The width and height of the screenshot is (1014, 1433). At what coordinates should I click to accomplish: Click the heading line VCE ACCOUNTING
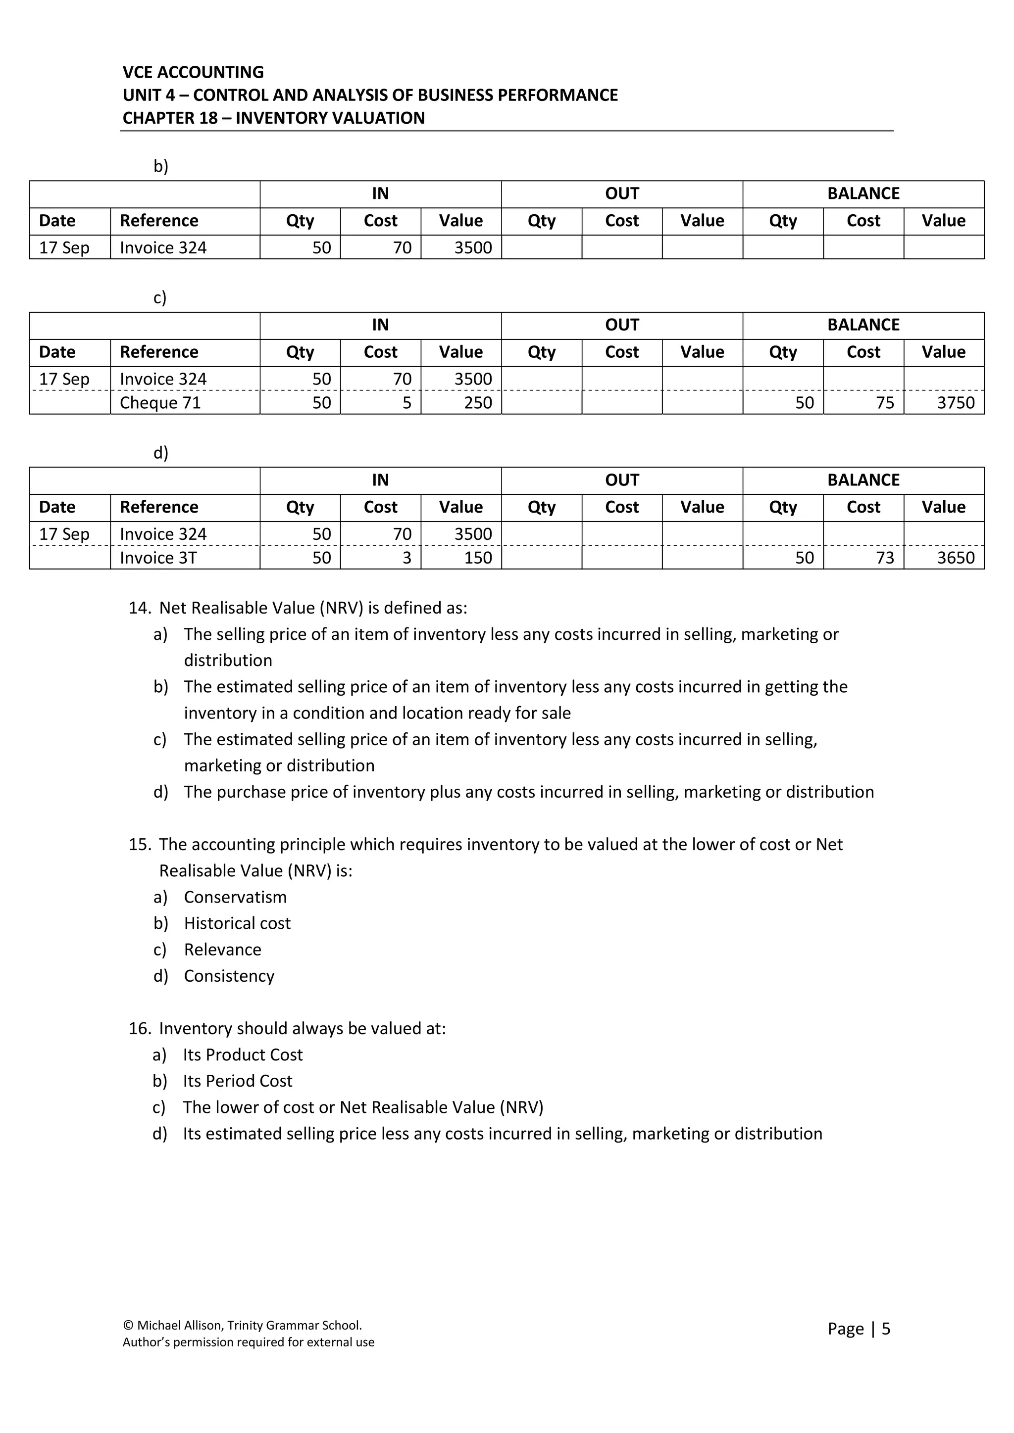pos(193,72)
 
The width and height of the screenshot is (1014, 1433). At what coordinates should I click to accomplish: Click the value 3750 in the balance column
pos(955,403)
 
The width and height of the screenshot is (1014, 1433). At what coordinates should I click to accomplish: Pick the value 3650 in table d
pos(955,558)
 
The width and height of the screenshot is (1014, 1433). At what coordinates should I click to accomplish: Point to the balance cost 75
pos(885,403)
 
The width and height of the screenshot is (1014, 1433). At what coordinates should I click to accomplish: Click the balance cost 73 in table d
pos(885,558)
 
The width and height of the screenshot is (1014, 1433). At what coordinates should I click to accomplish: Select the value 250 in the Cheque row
pos(478,403)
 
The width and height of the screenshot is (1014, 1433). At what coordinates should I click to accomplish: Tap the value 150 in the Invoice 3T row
pos(478,558)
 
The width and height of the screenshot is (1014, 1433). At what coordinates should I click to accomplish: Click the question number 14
pos(139,608)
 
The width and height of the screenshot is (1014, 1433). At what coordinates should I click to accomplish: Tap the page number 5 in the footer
pos(885,1328)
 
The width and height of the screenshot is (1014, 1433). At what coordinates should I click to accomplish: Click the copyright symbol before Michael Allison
pos(128,1325)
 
